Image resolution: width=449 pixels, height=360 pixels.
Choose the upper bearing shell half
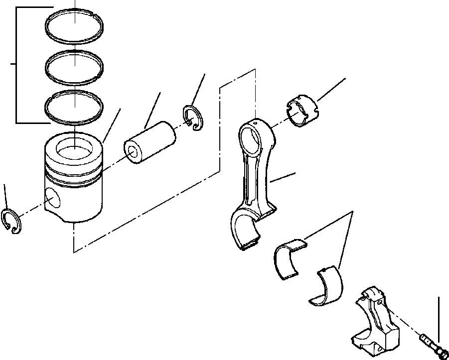pyautogui.click(x=290, y=255)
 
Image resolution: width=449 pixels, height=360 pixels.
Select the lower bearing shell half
pyautogui.click(x=326, y=286)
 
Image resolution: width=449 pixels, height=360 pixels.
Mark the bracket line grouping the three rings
pyautogui.click(x=16, y=65)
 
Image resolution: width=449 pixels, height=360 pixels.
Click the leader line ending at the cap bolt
pyautogui.click(x=439, y=319)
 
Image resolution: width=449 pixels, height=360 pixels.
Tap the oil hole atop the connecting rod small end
pyautogui.click(x=255, y=120)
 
